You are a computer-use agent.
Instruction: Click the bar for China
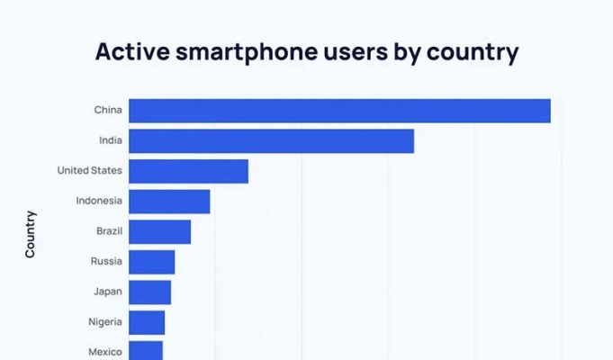[x=339, y=111]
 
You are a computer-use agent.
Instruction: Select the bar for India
[x=271, y=141]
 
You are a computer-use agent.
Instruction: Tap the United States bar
[x=188, y=171]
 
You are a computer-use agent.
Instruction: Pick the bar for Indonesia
[x=169, y=202]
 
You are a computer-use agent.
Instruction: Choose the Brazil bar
[x=159, y=231]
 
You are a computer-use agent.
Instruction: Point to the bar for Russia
[x=151, y=262]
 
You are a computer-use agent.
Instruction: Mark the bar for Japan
[x=149, y=292]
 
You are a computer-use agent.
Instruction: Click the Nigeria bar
[x=147, y=322]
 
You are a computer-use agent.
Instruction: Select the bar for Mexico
[x=146, y=350]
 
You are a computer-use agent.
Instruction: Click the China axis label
[x=108, y=111]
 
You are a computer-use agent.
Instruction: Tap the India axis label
[x=111, y=140]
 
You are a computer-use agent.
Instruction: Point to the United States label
[x=89, y=170]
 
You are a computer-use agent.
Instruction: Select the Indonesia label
[x=99, y=201]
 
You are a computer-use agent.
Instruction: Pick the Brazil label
[x=109, y=231]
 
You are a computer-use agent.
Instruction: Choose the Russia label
[x=106, y=262]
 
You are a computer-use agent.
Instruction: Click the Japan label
[x=108, y=292]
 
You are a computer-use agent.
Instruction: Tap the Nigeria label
[x=105, y=322]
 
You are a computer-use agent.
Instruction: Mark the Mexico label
[x=105, y=351]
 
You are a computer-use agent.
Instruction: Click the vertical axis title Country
[x=31, y=234]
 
